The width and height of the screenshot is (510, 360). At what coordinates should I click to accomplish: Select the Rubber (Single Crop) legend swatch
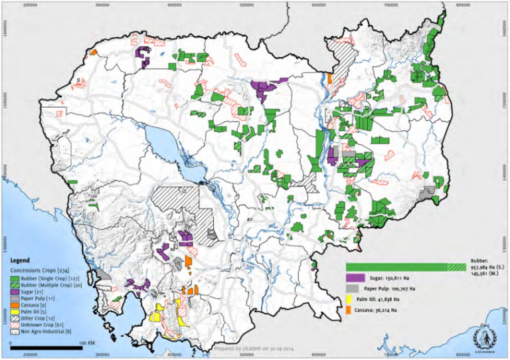point(15,280)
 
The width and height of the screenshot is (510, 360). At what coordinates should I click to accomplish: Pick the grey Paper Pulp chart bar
point(353,289)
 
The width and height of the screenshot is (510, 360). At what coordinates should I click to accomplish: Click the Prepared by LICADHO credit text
point(255,348)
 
